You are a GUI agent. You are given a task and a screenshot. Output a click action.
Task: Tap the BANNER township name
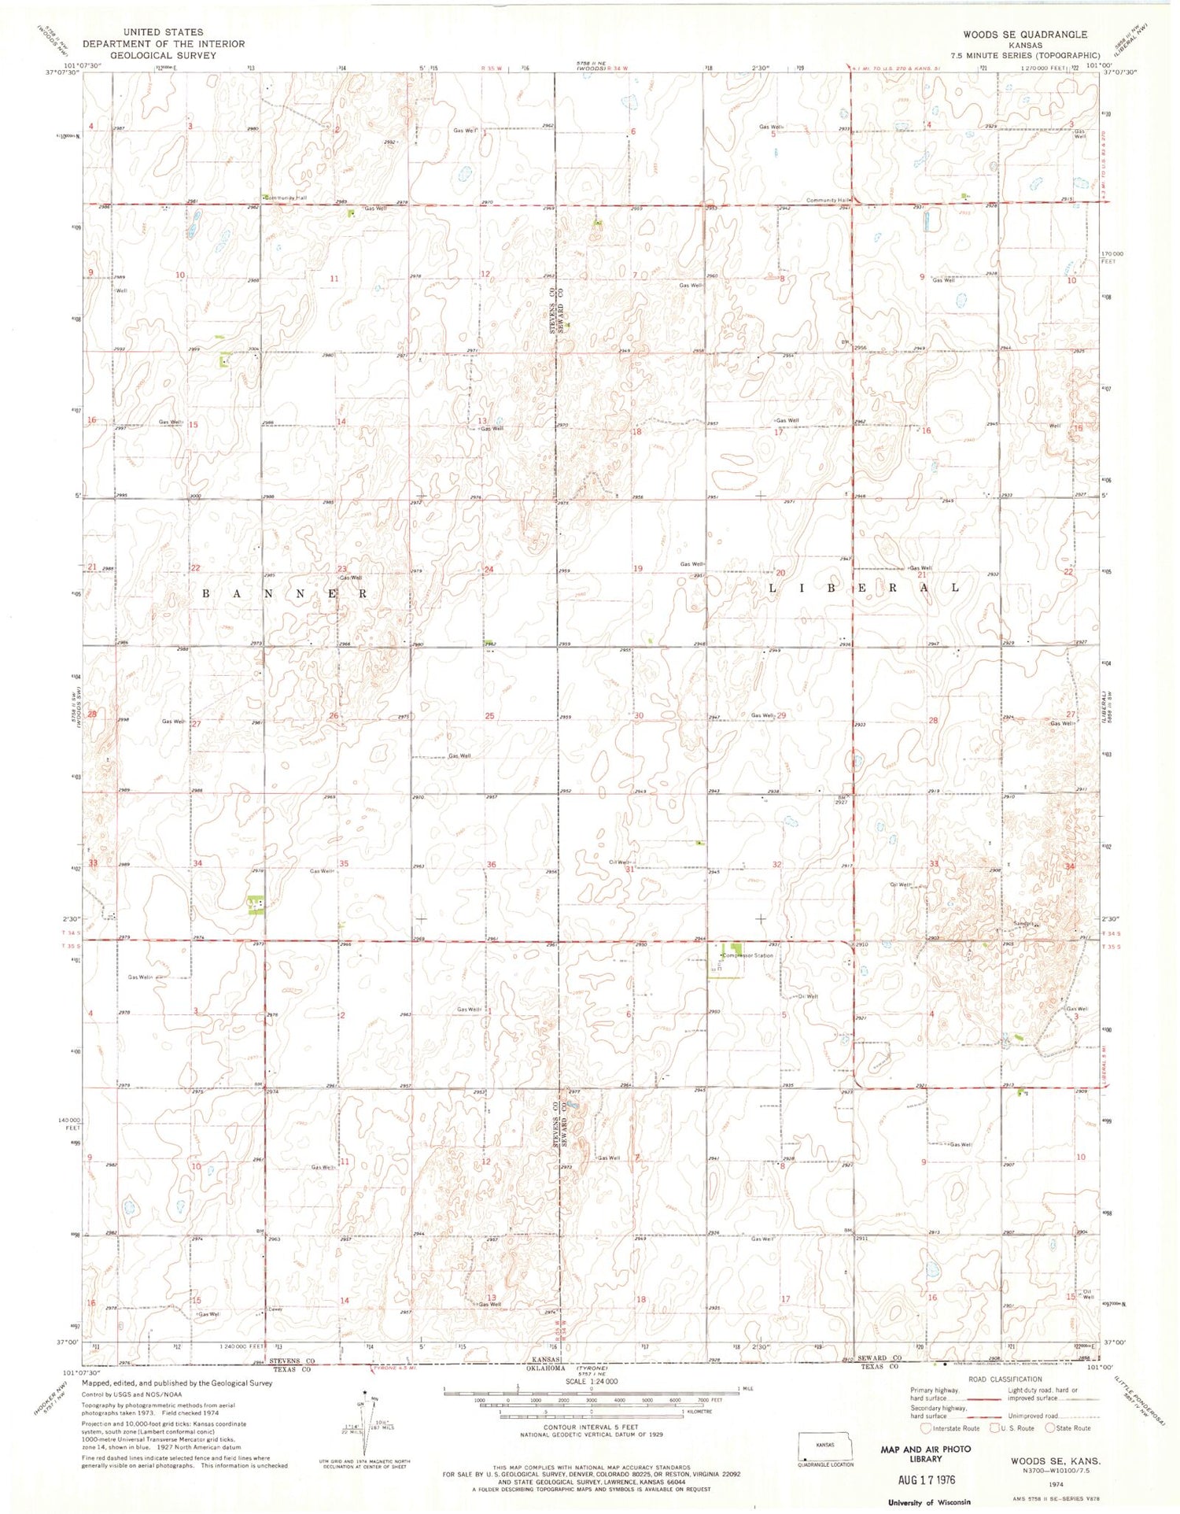pos(285,593)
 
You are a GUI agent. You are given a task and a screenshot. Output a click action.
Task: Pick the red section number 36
pos(491,865)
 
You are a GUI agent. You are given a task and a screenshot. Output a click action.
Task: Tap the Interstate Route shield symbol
pos(926,1428)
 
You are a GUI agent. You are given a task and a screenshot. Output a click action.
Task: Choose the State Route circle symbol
pos(1049,1428)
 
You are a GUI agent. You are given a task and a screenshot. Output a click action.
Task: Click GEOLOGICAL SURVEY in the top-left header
pos(157,56)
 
